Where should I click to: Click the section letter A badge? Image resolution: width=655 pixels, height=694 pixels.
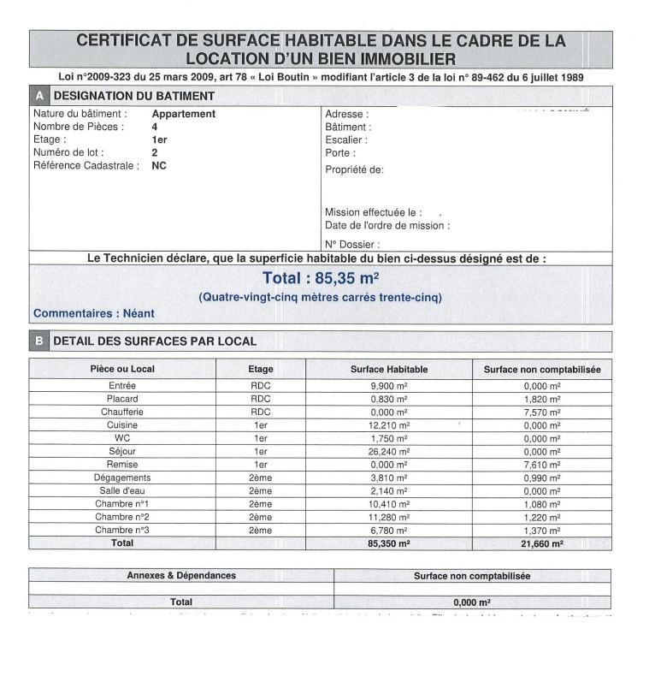click(39, 96)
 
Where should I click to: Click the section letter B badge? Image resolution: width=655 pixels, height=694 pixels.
click(39, 341)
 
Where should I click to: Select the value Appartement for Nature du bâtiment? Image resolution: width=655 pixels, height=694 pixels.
click(183, 114)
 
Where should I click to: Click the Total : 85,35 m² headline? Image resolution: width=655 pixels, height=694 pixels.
click(321, 278)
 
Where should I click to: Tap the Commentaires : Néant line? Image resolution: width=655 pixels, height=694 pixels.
click(94, 313)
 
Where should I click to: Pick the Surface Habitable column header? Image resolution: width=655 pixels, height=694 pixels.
click(389, 370)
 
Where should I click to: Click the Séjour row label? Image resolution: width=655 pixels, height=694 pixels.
click(122, 451)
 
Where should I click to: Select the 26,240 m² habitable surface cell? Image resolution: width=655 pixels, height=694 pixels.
click(389, 451)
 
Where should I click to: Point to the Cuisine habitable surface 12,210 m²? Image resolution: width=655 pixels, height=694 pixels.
click(389, 425)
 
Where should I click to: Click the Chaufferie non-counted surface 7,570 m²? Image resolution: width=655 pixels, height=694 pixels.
click(542, 412)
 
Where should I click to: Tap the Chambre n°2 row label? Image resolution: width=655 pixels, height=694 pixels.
click(122, 517)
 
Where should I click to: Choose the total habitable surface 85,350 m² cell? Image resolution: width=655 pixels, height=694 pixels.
click(389, 543)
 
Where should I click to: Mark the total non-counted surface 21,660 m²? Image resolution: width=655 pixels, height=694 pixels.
click(542, 543)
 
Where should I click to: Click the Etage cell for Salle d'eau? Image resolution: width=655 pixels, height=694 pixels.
click(261, 491)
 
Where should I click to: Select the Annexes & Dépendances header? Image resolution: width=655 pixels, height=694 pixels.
click(181, 576)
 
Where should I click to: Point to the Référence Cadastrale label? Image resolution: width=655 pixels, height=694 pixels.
click(86, 166)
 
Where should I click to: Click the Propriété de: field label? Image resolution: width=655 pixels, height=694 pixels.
click(354, 169)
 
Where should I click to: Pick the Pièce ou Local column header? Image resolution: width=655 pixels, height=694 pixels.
click(122, 370)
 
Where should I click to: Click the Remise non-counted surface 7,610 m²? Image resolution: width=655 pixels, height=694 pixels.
click(542, 465)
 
